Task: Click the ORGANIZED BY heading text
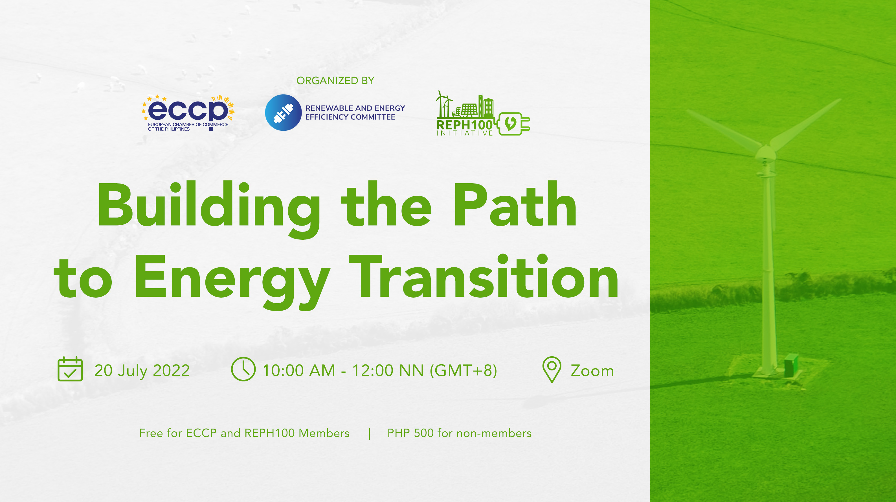(335, 80)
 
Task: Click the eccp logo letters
(188, 110)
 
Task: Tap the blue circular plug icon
(283, 112)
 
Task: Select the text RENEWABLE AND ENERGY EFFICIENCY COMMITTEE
(355, 112)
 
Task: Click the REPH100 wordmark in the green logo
(465, 125)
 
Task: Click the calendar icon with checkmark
(70, 369)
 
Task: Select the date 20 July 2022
(142, 370)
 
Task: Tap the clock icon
(243, 369)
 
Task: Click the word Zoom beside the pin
(592, 371)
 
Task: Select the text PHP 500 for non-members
(459, 433)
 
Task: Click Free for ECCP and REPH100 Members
(244, 433)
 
